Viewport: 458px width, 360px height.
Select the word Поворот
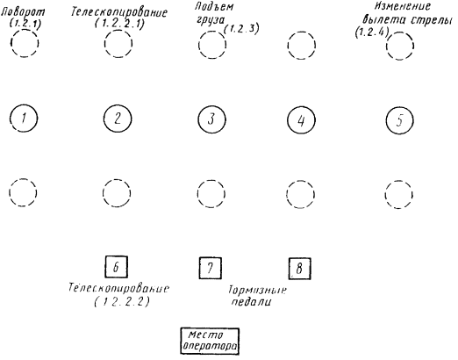pos(24,12)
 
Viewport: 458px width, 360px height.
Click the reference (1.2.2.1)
pos(119,24)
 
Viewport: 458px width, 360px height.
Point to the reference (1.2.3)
pos(241,29)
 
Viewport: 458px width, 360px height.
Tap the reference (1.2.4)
pos(372,32)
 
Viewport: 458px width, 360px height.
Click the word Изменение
pos(403,6)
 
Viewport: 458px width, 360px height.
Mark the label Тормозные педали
pos(257,296)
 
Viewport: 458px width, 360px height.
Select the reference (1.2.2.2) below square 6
pos(122,302)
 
